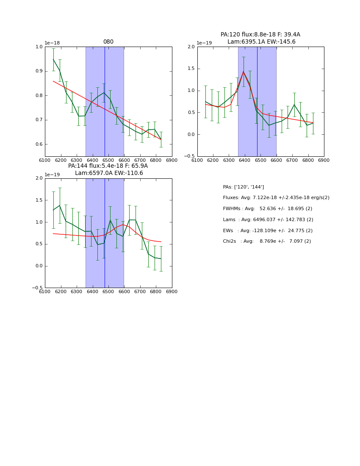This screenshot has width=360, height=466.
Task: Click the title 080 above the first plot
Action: pos(108,42)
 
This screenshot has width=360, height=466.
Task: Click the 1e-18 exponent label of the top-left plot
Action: pos(53,43)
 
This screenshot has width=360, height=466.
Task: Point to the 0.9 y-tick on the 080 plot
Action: pos(39,71)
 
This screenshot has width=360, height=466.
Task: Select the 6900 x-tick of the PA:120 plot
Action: pos(324,160)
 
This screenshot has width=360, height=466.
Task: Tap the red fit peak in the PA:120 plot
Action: pos(244,71)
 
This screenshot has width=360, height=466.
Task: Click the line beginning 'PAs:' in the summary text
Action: pos(243,187)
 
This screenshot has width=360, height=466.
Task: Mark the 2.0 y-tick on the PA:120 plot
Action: pos(191,47)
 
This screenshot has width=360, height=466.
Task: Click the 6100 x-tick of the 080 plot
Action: pos(45,160)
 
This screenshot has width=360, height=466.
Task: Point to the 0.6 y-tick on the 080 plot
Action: pos(39,144)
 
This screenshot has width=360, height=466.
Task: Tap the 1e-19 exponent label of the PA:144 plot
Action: pos(53,175)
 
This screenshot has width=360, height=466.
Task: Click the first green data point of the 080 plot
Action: pos(53,59)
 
